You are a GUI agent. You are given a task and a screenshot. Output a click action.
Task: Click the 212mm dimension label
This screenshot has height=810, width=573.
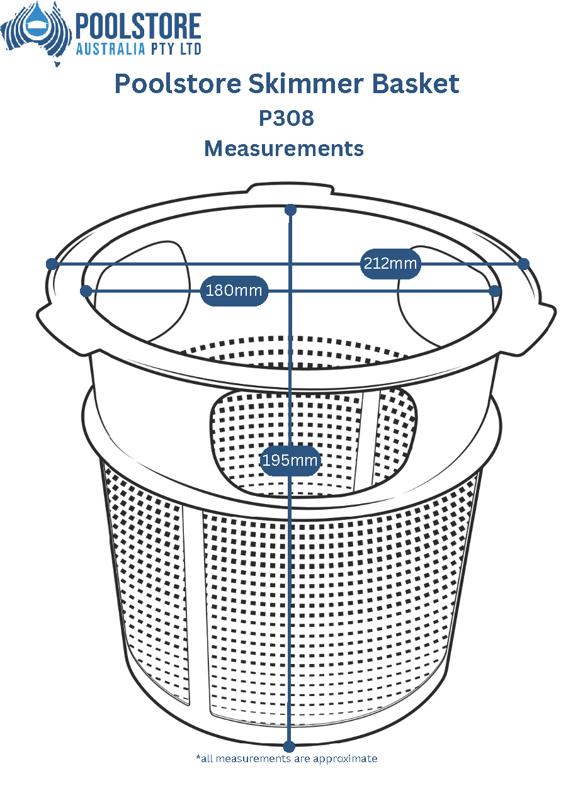[x=390, y=264]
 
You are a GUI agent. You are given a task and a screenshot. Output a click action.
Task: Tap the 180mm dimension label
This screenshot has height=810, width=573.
[x=234, y=291]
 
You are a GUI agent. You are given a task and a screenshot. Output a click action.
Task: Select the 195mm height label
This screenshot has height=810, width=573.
[x=290, y=461]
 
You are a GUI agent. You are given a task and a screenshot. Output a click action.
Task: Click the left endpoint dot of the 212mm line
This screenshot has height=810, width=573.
[x=52, y=264]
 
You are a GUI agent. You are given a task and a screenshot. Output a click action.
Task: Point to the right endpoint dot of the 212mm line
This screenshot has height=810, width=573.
[x=524, y=264]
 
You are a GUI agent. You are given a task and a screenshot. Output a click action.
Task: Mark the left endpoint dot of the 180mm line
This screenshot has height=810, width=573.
[x=86, y=291]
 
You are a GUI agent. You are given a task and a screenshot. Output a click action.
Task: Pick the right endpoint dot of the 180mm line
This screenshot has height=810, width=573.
[x=495, y=291]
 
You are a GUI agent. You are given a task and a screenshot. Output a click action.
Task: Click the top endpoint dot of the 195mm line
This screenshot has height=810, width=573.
[x=291, y=210]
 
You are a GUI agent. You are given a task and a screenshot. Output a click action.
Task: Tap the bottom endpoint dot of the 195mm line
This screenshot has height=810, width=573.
[x=288, y=746]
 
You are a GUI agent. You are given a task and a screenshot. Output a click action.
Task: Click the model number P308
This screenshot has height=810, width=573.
[x=286, y=118]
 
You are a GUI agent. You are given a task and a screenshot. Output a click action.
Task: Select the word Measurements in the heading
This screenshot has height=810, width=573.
[x=284, y=149]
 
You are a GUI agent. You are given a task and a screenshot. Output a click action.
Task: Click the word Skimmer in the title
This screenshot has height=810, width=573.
[x=305, y=84]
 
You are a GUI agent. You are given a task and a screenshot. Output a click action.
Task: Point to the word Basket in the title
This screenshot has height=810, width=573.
[x=416, y=84]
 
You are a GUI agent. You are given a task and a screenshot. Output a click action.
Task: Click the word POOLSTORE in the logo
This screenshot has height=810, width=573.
[x=138, y=26]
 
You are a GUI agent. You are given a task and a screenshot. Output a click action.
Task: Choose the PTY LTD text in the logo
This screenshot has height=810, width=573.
[x=176, y=49]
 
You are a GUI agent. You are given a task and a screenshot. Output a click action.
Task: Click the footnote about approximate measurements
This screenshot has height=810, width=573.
[x=286, y=763]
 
